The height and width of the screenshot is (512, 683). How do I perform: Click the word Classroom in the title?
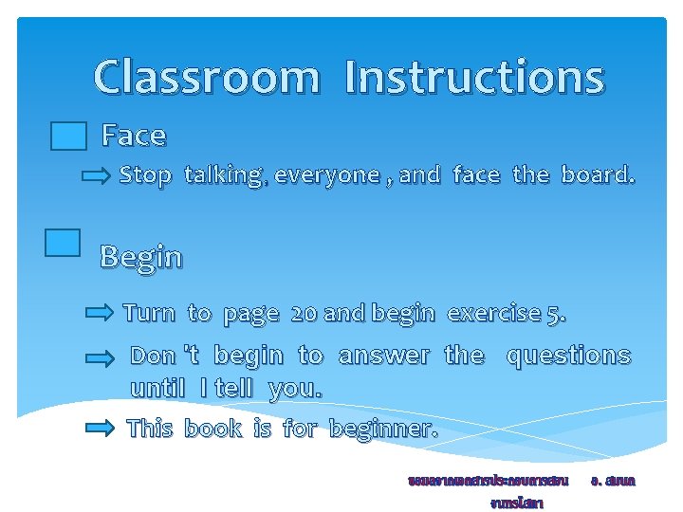(207, 78)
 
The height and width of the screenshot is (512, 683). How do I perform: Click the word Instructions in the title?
(474, 78)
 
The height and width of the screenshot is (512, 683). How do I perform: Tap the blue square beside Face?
(68, 137)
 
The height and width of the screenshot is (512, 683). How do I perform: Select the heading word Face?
(134, 137)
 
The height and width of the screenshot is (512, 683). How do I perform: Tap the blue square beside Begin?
(63, 243)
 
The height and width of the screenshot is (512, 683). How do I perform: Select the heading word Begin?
(141, 257)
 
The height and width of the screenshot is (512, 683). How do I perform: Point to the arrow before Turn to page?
(99, 313)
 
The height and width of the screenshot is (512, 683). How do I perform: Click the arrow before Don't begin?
(99, 358)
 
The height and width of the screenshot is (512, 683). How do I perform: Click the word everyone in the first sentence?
(327, 175)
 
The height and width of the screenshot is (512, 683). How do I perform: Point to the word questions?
(568, 356)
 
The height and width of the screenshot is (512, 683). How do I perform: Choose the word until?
(157, 389)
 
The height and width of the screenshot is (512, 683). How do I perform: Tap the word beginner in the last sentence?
(382, 429)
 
